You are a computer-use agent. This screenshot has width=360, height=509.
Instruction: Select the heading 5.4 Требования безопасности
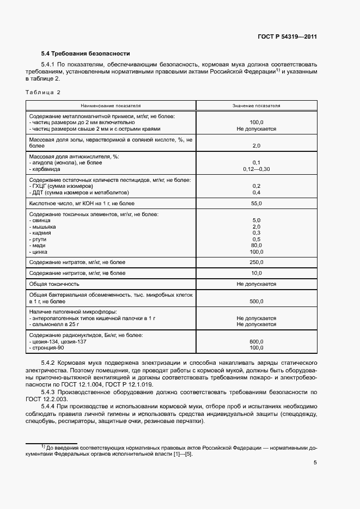86,54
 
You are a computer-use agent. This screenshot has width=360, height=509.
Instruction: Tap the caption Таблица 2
43,93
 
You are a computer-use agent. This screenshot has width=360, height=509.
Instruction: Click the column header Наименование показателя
111,106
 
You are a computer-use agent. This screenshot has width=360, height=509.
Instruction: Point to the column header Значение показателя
256,106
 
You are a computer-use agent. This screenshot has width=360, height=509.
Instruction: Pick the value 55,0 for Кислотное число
256,203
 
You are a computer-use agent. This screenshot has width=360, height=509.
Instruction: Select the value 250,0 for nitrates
256,262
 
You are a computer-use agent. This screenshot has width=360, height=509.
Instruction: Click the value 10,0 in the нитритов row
256,273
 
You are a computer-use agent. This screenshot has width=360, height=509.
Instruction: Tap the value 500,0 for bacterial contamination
256,301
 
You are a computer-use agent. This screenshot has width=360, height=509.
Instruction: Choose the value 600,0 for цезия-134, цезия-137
256,342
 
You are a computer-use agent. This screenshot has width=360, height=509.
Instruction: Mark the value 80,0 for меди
256,246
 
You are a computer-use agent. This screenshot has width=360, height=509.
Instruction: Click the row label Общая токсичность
54,284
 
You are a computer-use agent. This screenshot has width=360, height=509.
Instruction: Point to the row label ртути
39,239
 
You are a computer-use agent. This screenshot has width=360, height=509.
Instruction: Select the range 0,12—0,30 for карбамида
256,169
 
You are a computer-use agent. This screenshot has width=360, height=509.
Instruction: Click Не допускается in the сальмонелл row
256,324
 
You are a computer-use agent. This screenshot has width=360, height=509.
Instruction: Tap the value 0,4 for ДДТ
256,192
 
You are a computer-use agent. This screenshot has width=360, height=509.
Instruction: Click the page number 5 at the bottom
315,463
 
